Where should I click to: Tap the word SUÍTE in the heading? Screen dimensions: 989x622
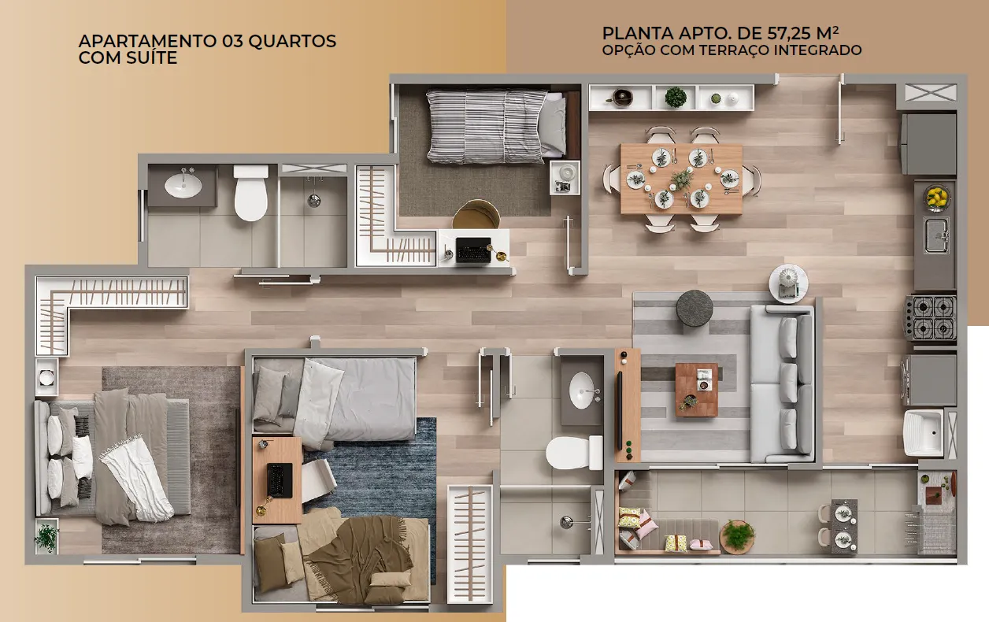(150, 57)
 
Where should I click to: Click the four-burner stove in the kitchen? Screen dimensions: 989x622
(931, 317)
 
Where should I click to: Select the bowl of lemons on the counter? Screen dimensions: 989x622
(936, 197)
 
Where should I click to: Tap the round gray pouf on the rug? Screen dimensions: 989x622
(695, 308)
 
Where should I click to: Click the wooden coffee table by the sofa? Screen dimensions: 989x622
(696, 390)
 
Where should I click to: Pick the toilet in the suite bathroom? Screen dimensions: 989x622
(250, 193)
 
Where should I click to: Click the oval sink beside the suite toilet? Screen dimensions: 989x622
(183, 185)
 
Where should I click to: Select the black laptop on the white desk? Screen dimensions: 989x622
(473, 250)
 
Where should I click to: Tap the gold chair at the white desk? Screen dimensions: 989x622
(476, 214)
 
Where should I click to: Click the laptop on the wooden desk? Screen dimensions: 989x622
(280, 480)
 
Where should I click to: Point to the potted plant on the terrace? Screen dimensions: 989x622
(737, 536)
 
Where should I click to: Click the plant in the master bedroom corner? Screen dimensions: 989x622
(46, 536)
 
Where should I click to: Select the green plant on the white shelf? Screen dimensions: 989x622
(676, 97)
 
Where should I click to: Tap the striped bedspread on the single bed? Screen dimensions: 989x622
(487, 127)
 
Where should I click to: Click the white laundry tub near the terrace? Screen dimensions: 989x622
(923, 433)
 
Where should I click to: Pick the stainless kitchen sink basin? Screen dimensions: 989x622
(937, 235)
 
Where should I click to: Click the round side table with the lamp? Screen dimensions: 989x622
(788, 283)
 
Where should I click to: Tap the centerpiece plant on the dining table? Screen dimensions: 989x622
(681, 179)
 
